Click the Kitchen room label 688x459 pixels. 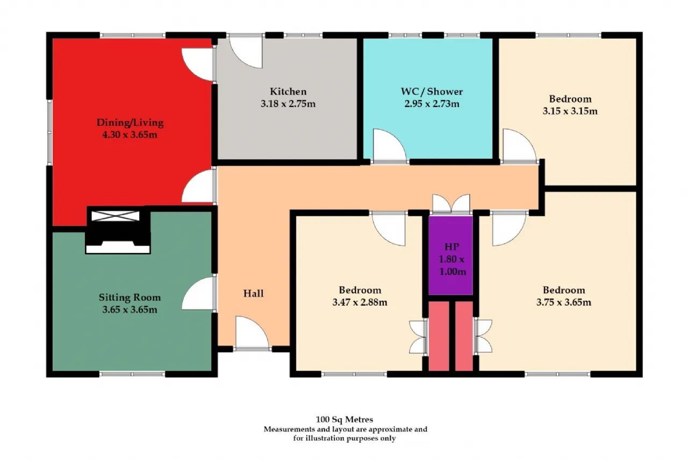(288, 91)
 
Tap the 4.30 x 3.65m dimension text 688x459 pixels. (130, 135)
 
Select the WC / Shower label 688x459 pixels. (432, 91)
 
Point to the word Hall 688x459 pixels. (253, 293)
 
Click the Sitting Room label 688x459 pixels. (130, 297)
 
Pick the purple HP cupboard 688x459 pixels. (450, 256)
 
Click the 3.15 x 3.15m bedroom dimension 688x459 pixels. (570, 111)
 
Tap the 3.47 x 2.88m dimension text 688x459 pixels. (360, 302)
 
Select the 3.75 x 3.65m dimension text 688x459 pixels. (564, 302)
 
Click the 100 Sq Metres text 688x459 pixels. (345, 419)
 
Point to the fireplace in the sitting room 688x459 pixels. (118, 231)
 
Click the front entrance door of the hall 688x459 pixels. (252, 333)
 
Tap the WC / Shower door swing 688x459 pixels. (390, 146)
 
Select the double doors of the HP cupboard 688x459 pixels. (451, 203)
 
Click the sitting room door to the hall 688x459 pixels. (199, 293)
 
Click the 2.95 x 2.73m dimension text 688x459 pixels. (432, 104)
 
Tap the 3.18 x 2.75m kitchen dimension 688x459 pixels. (288, 104)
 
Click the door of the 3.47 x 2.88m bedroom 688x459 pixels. (389, 229)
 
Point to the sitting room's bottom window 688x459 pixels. (132, 374)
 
